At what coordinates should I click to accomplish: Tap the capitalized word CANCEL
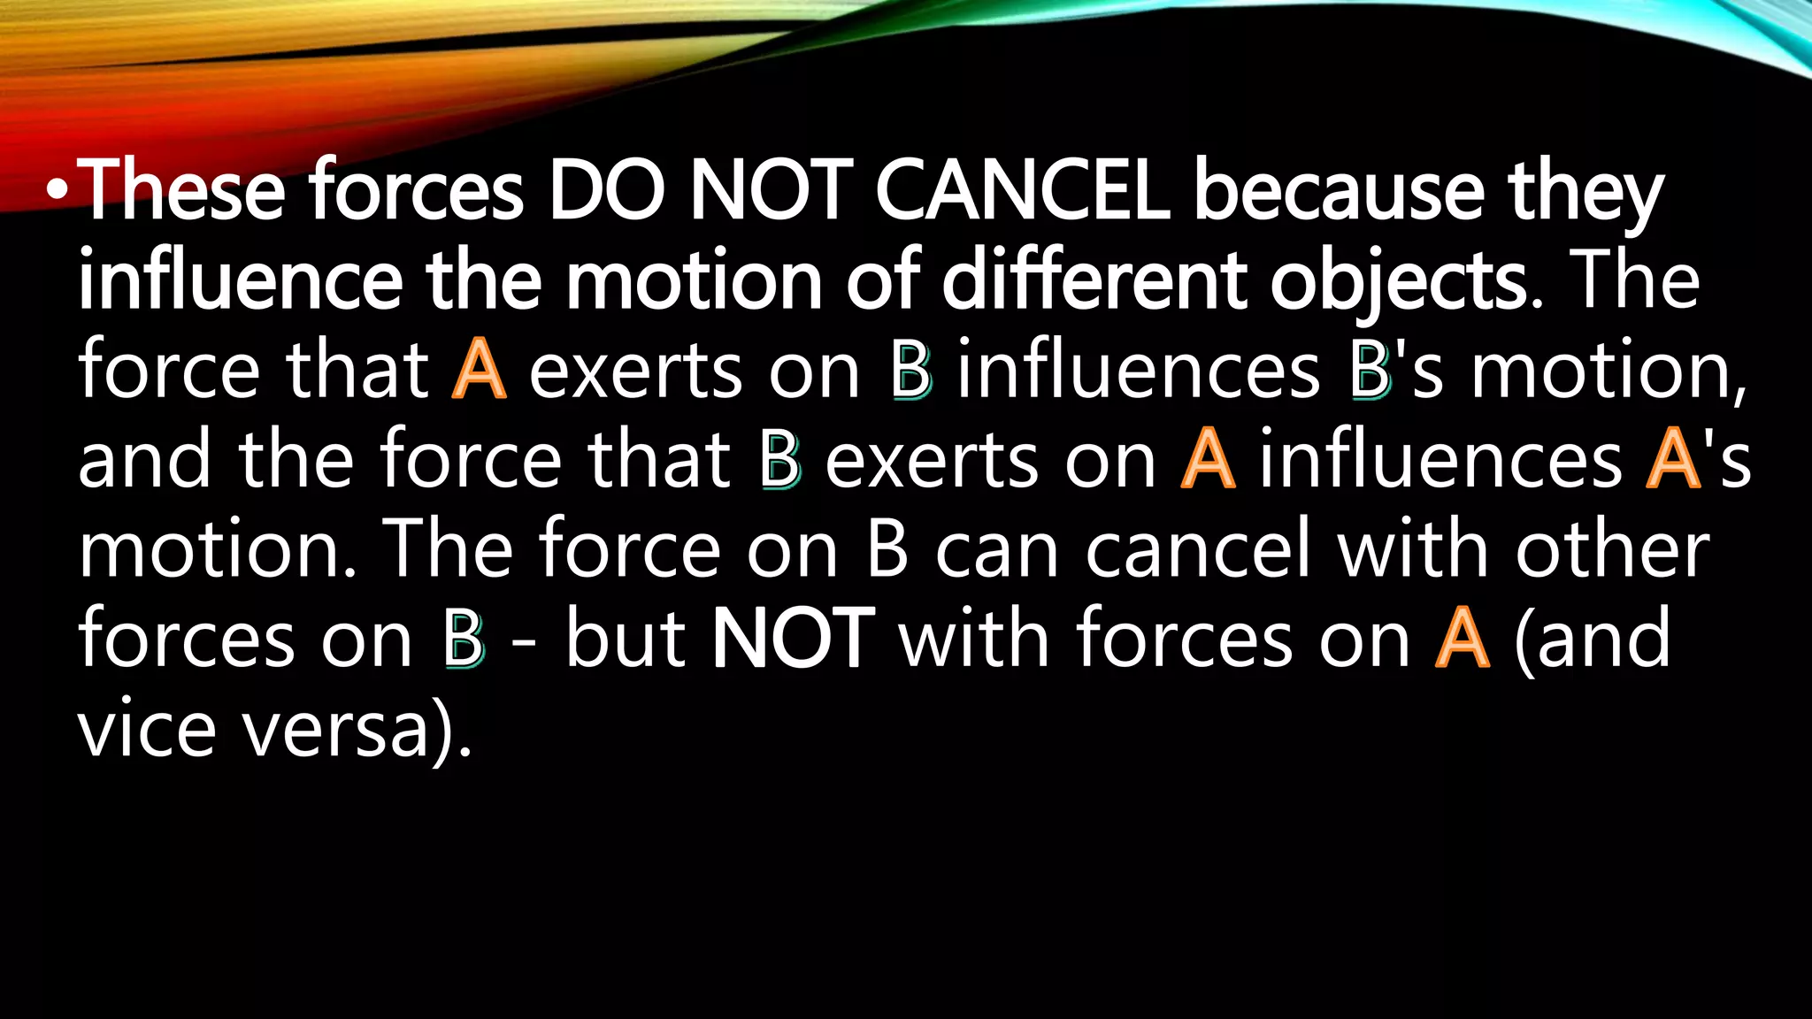point(1023,191)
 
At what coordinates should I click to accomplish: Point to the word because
point(1338,191)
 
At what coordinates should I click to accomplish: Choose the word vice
point(147,730)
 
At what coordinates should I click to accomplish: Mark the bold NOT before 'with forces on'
point(793,639)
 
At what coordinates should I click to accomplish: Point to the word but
point(626,639)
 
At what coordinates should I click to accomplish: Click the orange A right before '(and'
point(1462,639)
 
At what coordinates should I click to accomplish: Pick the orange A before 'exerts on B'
point(479,371)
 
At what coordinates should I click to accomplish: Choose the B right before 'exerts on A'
point(779,461)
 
